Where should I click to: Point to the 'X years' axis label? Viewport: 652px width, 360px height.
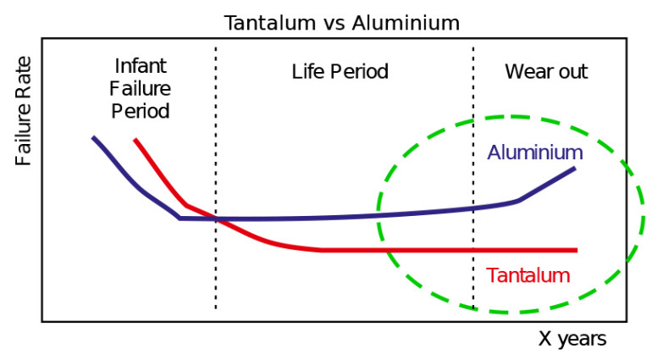tap(572, 340)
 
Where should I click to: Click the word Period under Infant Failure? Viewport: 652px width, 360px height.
tap(140, 111)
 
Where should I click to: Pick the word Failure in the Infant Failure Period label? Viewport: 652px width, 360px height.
tap(140, 90)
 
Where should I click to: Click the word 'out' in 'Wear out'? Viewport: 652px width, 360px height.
tap(572, 71)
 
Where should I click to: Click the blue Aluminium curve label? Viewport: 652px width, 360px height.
tap(535, 152)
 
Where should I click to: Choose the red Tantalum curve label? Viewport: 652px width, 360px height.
tap(528, 275)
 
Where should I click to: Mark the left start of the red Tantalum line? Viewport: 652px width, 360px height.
tap(135, 140)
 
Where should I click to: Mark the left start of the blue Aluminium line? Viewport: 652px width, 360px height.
tap(94, 137)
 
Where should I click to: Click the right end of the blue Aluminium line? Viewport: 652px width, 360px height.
tap(574, 169)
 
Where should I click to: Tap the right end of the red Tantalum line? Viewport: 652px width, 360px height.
tap(576, 250)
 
